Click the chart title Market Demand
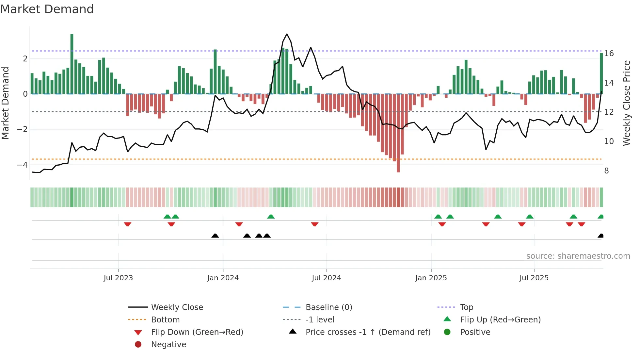(47, 9)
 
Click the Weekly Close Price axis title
(626, 103)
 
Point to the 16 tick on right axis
(609, 54)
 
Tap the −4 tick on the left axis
(22, 165)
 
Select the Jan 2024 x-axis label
(223, 278)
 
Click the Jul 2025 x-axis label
(534, 278)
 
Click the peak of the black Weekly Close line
(287, 34)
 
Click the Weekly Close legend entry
(177, 307)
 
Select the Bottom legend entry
(165, 320)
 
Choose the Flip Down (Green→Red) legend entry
(197, 332)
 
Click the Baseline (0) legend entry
(328, 307)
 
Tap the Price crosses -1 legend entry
(368, 332)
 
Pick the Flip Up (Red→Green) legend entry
(500, 320)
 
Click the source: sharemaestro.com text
(578, 256)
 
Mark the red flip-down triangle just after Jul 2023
(128, 224)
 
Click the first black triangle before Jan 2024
(215, 236)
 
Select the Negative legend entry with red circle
(168, 345)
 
